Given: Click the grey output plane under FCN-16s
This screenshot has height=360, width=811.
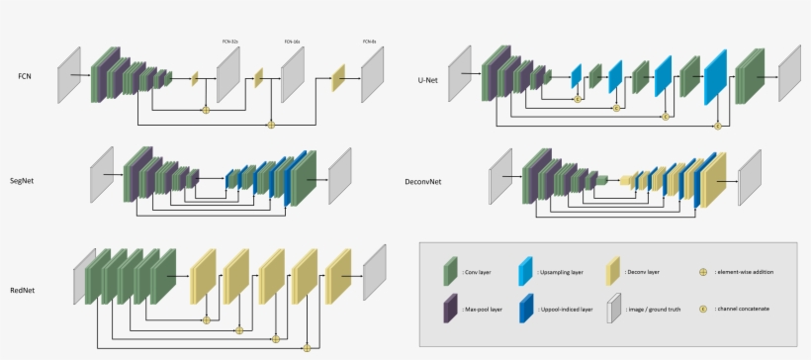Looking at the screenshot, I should (293, 75).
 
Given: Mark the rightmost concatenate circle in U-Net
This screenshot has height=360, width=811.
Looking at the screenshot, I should (718, 126).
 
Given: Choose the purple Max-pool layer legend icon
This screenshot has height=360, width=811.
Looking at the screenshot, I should (451, 310).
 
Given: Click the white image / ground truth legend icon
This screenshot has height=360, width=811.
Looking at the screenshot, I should (614, 310).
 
